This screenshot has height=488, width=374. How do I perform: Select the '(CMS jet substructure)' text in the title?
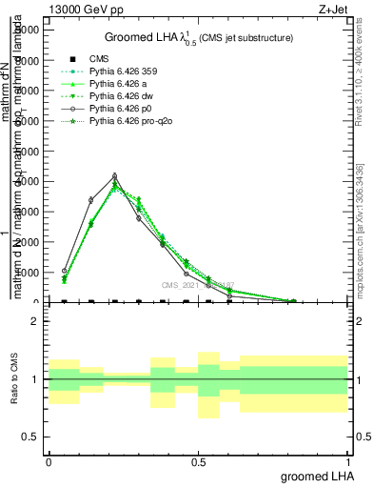coord(246,38)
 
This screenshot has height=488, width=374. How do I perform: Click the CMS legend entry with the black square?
coord(97,58)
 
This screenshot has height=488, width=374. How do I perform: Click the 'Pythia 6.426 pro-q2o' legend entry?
coord(130,122)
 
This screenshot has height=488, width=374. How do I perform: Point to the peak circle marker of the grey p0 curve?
coord(115,176)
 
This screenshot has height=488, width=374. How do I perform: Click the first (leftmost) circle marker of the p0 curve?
coord(65,271)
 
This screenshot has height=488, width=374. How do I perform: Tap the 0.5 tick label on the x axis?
coord(198,460)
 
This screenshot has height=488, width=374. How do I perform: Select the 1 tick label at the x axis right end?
coord(347,460)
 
